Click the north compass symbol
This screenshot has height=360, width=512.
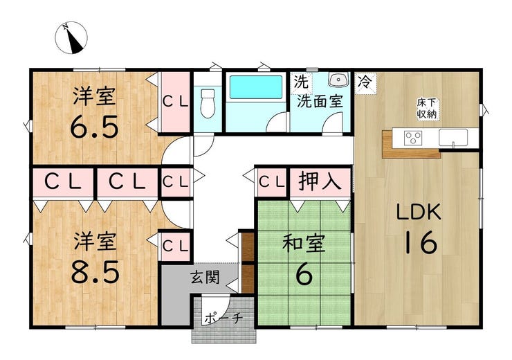click(x=71, y=37)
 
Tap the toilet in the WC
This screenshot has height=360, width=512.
click(x=208, y=103)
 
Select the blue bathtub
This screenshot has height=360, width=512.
click(x=256, y=87)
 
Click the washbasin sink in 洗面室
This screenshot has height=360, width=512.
click(x=338, y=80)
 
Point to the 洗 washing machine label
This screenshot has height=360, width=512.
click(x=301, y=82)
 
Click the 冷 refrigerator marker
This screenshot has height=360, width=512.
click(x=365, y=82)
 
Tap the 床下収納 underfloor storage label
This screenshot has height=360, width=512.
click(x=427, y=109)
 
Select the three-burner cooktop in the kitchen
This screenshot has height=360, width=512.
click(x=413, y=138)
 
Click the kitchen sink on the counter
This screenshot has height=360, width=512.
click(x=453, y=137)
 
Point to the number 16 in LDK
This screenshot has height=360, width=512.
click(x=421, y=242)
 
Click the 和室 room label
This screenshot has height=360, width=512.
click(x=304, y=243)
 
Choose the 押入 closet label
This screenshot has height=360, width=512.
click(x=320, y=181)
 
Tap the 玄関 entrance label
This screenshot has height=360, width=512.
click(x=205, y=278)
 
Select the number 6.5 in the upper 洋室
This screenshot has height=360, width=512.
click(x=94, y=127)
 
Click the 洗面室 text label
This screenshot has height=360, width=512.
click(x=320, y=102)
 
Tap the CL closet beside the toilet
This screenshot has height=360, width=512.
click(x=176, y=102)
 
